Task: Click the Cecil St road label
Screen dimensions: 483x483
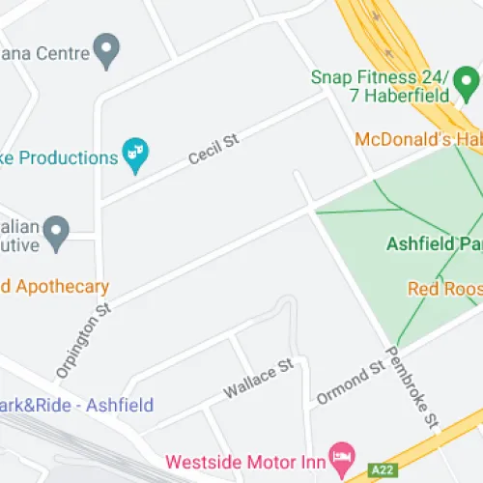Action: point(213,150)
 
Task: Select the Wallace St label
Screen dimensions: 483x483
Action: point(257,379)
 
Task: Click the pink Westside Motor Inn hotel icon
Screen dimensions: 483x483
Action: point(339,454)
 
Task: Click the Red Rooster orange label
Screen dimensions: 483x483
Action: point(443,288)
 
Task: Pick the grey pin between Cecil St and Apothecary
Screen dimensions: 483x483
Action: point(58,231)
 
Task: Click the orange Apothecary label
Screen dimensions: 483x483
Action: point(54,287)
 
